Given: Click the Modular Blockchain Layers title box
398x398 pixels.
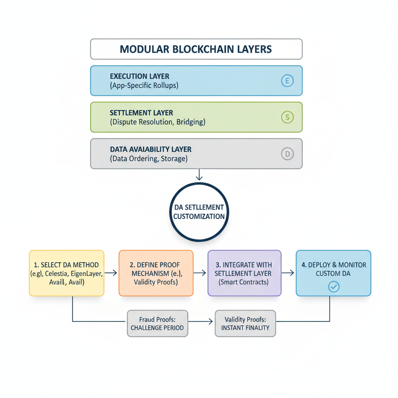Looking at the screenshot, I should tap(196, 49).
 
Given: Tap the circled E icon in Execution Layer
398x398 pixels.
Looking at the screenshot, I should tap(287, 81).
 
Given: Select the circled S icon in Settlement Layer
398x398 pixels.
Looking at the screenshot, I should tap(287, 117).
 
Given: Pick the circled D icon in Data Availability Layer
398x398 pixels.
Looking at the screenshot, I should tap(287, 154).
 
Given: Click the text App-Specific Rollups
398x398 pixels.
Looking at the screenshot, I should tap(144, 86).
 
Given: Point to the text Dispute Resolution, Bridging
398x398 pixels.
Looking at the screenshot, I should tap(157, 122).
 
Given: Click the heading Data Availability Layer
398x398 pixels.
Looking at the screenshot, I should tap(150, 149).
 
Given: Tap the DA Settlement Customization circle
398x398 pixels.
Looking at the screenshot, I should tap(199, 212).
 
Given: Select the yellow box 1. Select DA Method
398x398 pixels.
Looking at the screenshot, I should tap(66, 273).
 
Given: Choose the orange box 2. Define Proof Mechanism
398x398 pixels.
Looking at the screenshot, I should tap(155, 273).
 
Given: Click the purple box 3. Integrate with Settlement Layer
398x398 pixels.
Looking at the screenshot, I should tap(244, 273).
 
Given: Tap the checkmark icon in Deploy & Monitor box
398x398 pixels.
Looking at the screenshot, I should tap(333, 287).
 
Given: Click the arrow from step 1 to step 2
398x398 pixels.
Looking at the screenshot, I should tap(111, 273).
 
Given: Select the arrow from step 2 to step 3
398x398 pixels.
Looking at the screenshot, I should tap(200, 273).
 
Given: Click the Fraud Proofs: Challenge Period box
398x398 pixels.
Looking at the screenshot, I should tap(157, 323).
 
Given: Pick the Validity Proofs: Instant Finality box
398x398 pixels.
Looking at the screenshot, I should tap(245, 323).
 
